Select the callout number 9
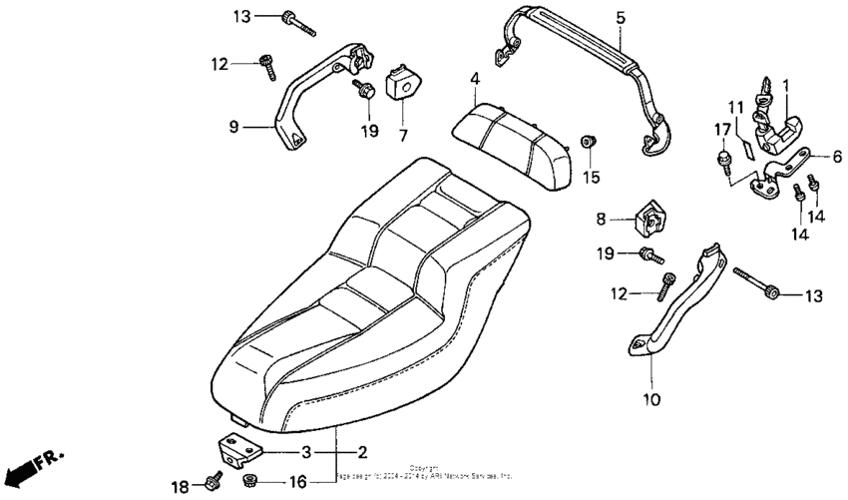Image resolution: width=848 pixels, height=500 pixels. tap(233, 127)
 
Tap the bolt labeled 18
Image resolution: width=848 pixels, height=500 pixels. tap(213, 480)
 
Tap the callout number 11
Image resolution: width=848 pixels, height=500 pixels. tap(735, 107)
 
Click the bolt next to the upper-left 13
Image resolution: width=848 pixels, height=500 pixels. tap(297, 22)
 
